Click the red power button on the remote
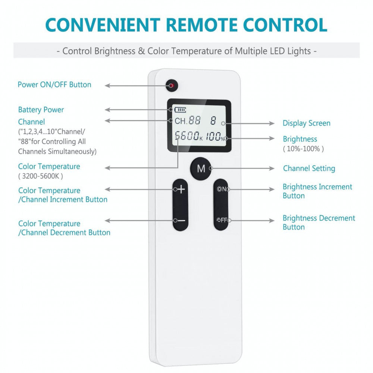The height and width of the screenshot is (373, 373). [172, 85]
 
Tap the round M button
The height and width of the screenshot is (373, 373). [201, 169]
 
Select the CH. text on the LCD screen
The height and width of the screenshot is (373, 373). [181, 121]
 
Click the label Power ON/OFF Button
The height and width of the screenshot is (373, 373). [54, 85]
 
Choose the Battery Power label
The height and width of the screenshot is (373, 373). [41, 110]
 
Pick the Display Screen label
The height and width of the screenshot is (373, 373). [306, 123]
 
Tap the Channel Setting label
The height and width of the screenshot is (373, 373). [309, 169]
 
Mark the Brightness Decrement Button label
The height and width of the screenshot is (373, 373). [319, 222]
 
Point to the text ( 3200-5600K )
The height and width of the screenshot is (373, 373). [41, 176]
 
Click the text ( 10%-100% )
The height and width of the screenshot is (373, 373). [303, 148]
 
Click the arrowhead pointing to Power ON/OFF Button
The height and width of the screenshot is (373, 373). [107, 85]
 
